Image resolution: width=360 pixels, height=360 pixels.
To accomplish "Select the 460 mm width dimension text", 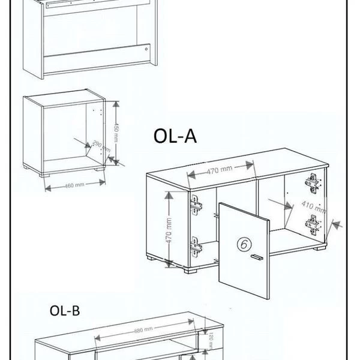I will [74, 185].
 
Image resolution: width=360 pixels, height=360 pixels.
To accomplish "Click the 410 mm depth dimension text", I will [314, 208].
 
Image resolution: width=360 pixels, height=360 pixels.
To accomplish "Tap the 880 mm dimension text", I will [143, 329].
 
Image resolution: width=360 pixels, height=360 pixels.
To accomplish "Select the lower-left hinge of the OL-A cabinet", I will [196, 245].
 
